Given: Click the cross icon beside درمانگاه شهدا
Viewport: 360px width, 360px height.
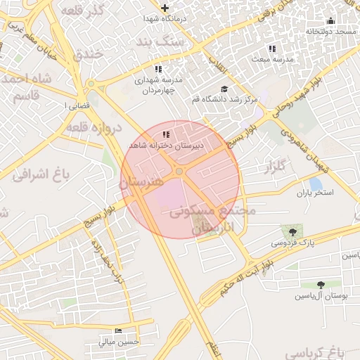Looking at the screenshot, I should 165,8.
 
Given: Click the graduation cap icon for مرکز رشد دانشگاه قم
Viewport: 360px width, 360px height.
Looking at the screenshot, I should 224,89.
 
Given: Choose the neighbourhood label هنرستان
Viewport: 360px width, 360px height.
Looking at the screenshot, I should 141,181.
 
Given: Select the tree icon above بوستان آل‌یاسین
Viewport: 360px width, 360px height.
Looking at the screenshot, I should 321,285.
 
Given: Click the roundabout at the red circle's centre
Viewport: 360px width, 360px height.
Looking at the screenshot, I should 180,171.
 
